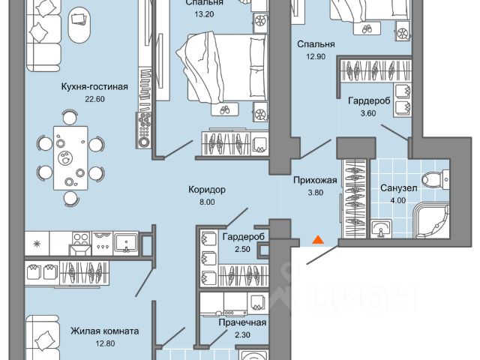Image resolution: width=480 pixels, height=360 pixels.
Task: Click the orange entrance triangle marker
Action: click(x=318, y=240)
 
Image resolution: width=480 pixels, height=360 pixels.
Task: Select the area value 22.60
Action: click(x=95, y=98)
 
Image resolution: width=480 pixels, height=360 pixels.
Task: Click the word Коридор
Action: click(x=208, y=190)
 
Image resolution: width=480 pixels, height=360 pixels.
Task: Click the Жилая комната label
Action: click(x=103, y=329)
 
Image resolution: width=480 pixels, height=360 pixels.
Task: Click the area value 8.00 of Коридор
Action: click(x=208, y=202)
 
